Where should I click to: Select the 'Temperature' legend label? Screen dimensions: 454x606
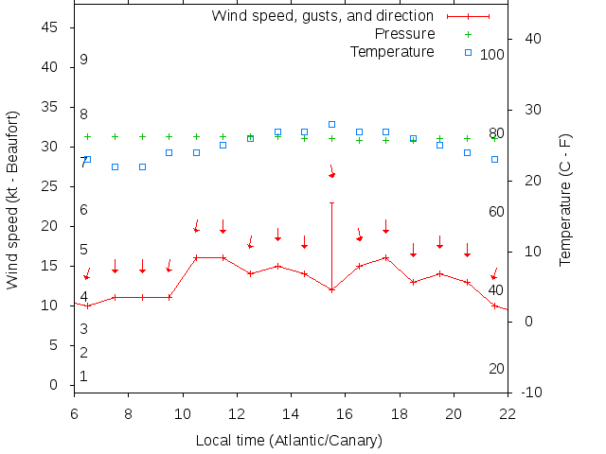[x=392, y=51]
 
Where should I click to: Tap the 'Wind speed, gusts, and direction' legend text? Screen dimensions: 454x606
[x=322, y=16]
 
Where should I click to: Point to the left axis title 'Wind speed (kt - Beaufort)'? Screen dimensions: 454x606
[x=13, y=200]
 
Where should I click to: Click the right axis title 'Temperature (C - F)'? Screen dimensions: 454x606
[x=565, y=200]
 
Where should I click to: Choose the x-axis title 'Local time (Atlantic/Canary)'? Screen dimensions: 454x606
[x=289, y=441]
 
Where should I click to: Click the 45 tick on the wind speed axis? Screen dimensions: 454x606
[x=51, y=28]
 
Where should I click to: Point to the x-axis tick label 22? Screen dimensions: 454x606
[x=508, y=412]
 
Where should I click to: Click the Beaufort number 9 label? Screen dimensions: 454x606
[x=83, y=60]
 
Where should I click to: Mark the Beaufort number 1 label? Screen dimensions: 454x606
[x=83, y=376]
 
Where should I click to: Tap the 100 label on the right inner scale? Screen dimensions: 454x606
[x=492, y=55]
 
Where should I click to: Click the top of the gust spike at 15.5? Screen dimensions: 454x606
[x=332, y=202]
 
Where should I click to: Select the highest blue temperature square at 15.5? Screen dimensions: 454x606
[x=332, y=124]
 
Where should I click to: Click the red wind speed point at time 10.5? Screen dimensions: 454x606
[x=196, y=257]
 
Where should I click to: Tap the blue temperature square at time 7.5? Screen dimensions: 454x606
[x=115, y=166]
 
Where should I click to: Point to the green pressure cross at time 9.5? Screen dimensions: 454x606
[x=169, y=136]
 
